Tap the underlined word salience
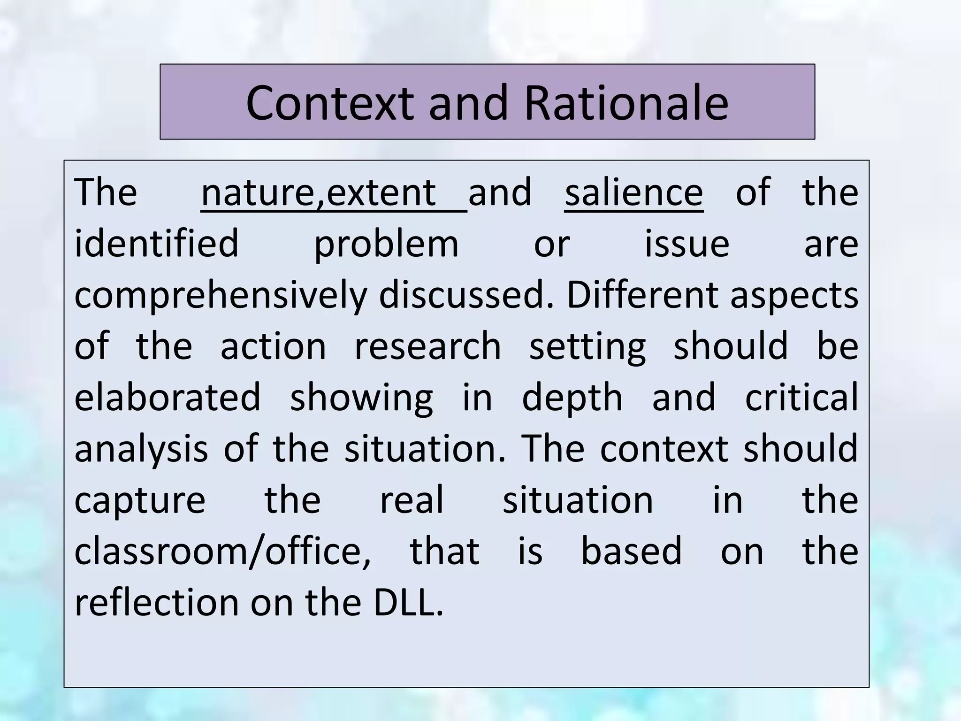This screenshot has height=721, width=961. point(633,192)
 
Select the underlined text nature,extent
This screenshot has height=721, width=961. point(319,192)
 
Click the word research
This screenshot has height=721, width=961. point(427,346)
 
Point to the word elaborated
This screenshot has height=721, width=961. point(167,397)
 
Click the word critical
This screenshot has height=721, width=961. point(801,397)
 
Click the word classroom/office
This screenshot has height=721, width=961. point(222,552)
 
